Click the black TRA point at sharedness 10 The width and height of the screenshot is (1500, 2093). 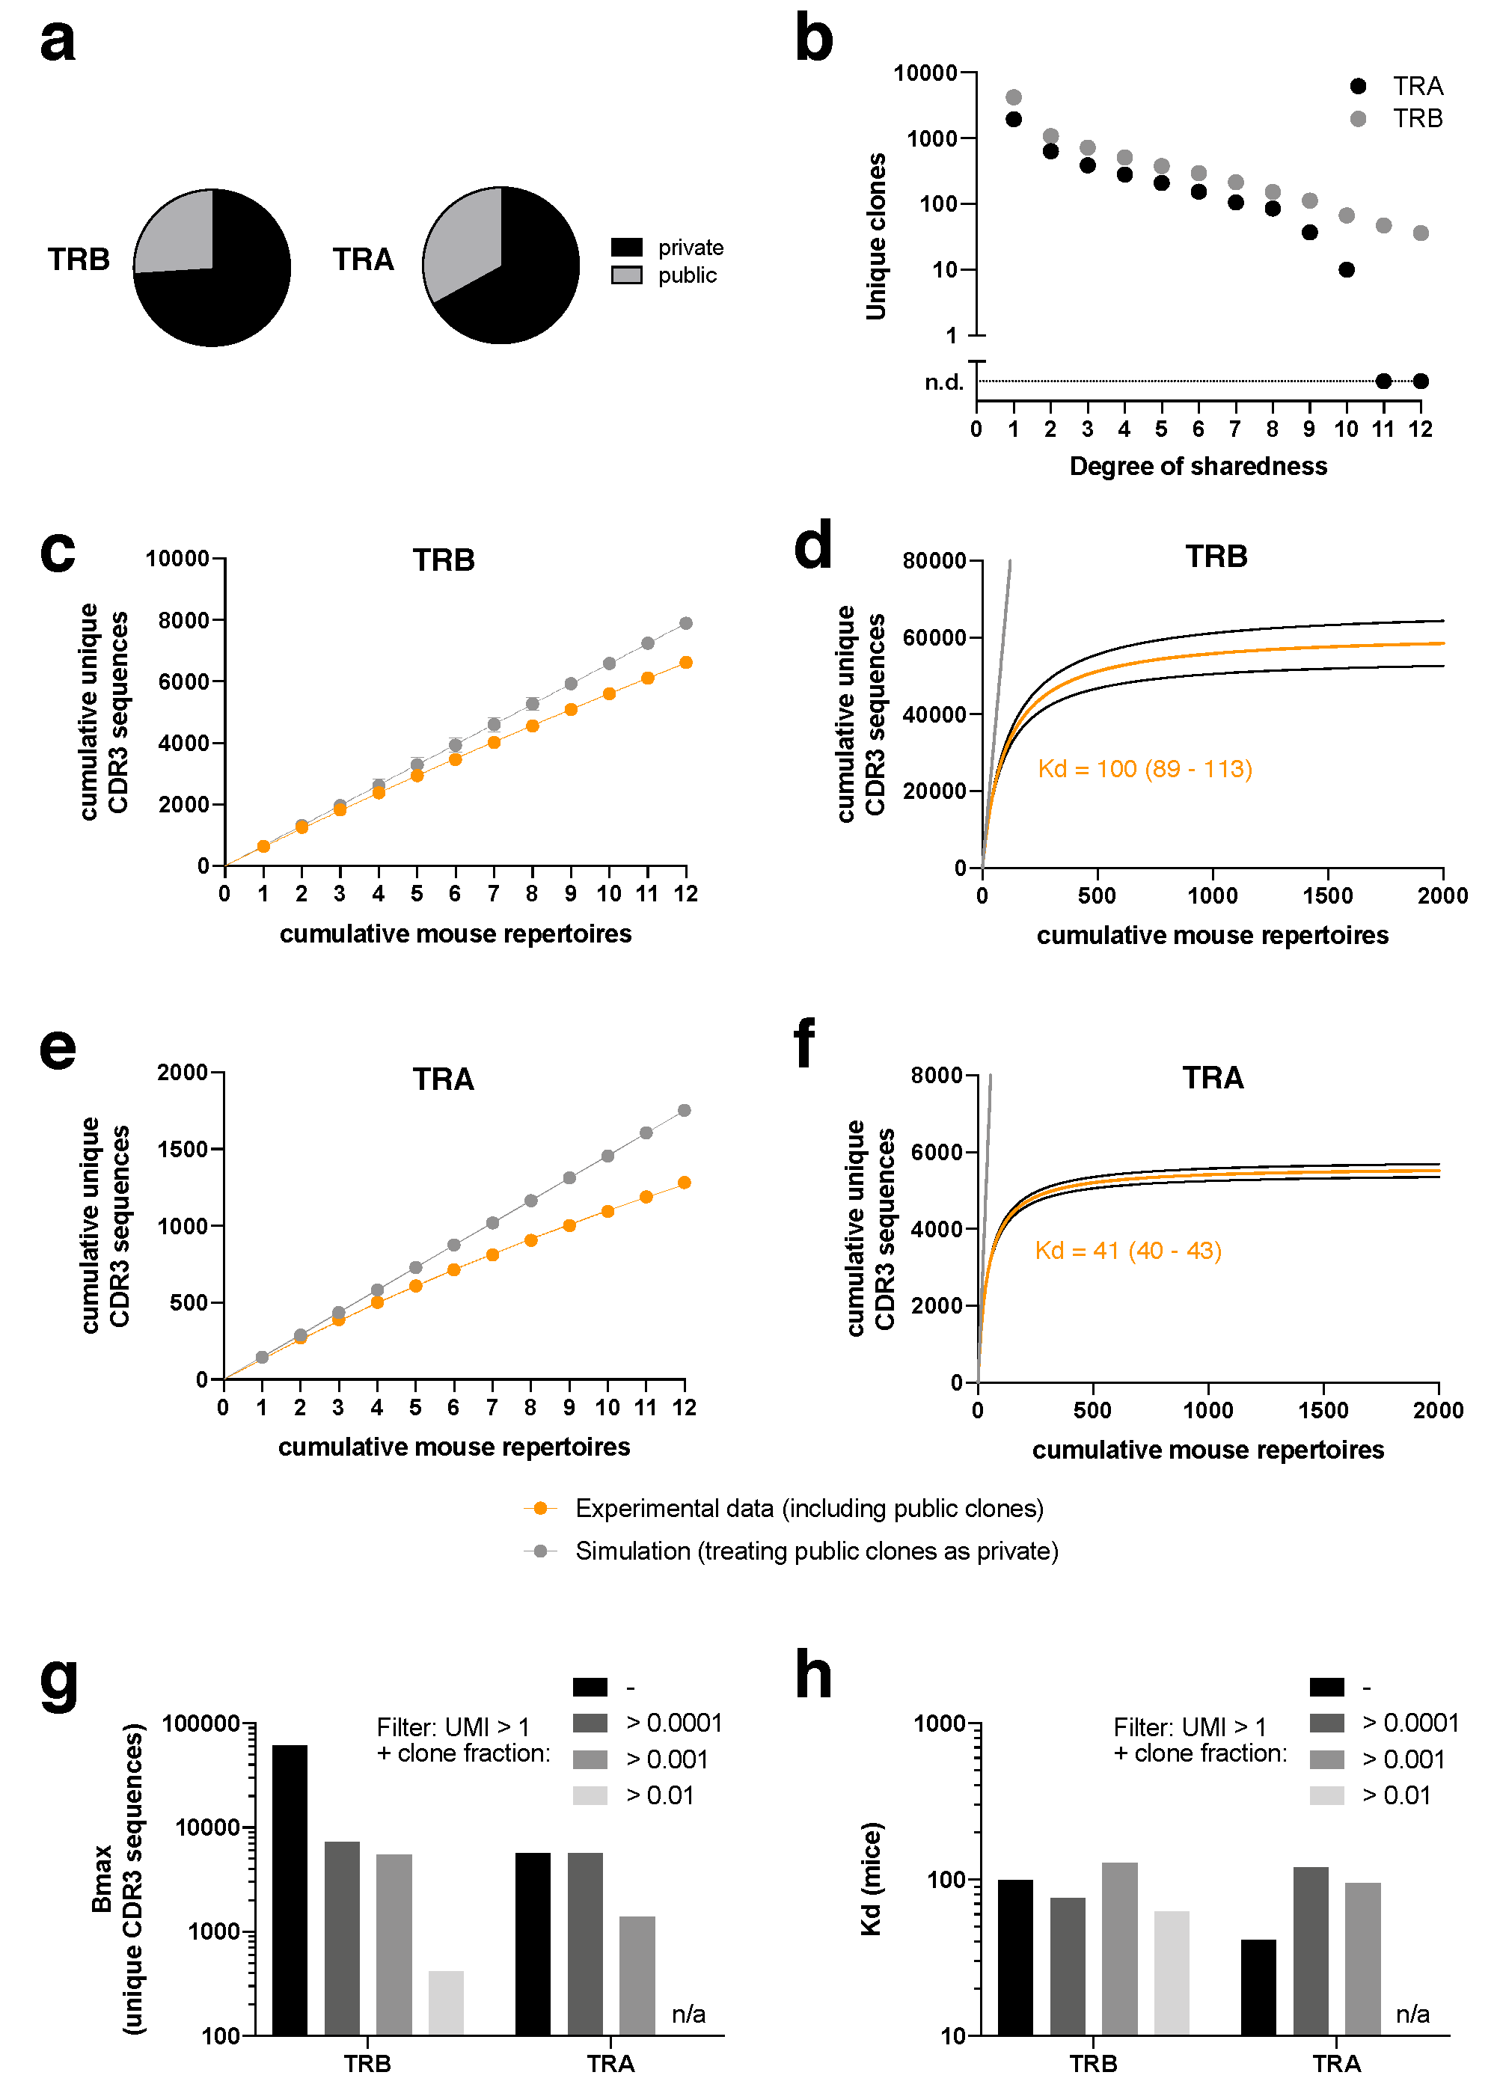tap(1347, 269)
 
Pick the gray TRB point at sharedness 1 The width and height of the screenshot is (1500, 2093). tap(1014, 97)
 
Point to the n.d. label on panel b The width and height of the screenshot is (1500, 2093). tap(943, 382)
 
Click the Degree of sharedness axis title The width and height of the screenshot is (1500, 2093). tap(1199, 466)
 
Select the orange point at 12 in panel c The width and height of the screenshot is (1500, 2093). tap(686, 663)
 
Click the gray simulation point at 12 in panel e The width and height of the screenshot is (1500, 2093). tap(684, 1110)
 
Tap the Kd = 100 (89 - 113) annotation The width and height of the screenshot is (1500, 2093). tap(1145, 769)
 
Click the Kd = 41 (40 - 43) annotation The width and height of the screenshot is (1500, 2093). tap(1128, 1251)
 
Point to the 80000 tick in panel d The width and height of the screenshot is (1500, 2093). tap(934, 560)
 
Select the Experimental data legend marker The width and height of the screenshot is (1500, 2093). tap(541, 1508)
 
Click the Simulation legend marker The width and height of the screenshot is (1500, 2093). tap(541, 1551)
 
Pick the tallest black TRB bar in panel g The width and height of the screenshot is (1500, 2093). tap(290, 1890)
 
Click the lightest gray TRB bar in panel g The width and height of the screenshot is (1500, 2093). tap(446, 2002)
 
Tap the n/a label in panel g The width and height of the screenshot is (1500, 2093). tap(688, 2014)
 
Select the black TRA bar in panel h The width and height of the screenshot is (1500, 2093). tap(1259, 1987)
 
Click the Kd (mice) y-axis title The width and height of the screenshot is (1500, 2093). tap(871, 1879)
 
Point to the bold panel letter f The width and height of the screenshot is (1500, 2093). tap(805, 1043)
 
